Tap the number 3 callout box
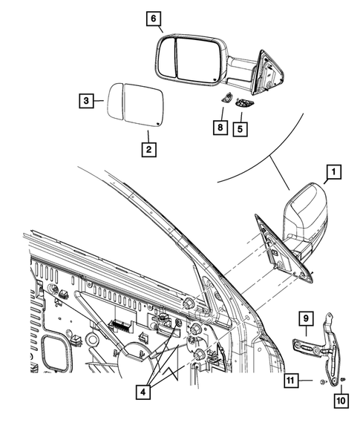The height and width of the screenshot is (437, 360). (88, 100)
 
